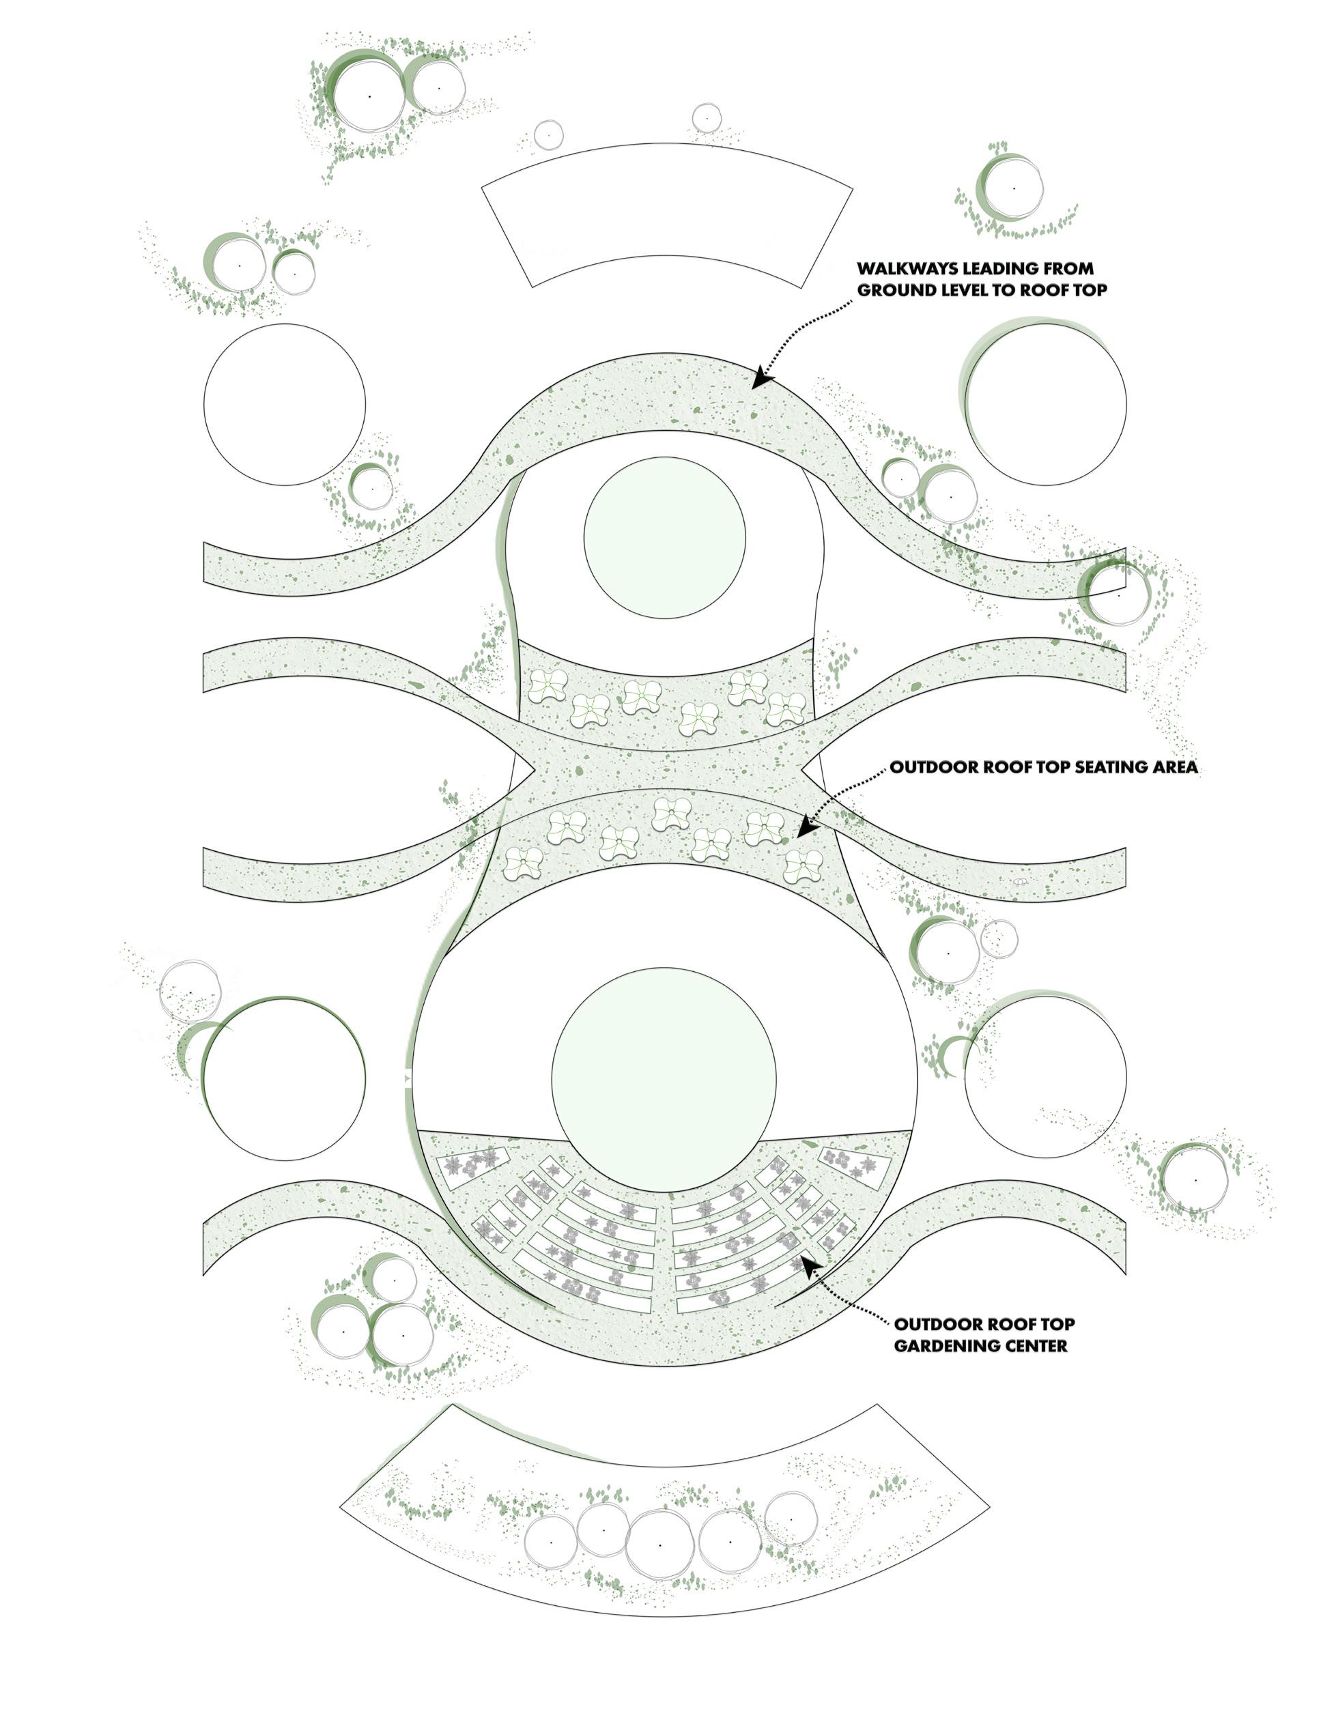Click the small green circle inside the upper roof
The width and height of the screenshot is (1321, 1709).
tap(664, 538)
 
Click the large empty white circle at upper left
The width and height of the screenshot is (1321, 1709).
tap(284, 404)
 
